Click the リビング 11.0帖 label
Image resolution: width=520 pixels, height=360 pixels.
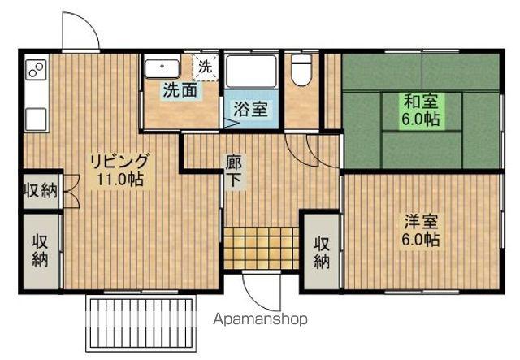click(120, 170)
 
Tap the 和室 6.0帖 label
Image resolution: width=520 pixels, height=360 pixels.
click(421, 110)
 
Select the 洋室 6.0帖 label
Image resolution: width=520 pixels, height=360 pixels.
click(421, 231)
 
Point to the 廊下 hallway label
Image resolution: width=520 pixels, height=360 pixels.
click(234, 171)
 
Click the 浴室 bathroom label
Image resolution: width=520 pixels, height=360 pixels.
click(250, 109)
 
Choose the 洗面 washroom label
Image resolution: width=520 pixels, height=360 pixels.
click(180, 89)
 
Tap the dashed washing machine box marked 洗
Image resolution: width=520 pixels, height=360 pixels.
click(206, 67)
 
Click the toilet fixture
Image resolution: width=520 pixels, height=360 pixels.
click(301, 70)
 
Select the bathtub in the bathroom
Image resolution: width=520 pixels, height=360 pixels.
click(250, 71)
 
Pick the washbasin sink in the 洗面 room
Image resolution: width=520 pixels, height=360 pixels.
click(162, 69)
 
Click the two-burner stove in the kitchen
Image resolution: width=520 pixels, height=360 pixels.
click(36, 70)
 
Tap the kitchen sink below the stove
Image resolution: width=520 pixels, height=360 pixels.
click(36, 119)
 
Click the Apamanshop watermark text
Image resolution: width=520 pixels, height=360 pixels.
click(260, 319)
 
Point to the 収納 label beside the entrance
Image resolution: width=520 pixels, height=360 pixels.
click(322, 254)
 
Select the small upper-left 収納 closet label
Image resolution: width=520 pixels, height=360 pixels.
click(41, 190)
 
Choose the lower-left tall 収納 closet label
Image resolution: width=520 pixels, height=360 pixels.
click(40, 251)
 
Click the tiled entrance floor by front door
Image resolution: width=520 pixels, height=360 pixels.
click(262, 248)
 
